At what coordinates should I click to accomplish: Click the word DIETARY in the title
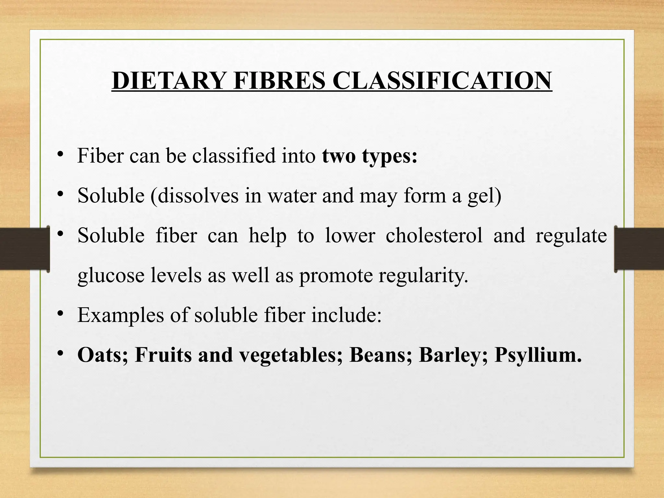pos(168,80)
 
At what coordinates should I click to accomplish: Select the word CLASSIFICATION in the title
pos(442,80)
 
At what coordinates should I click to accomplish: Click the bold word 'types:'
pos(389,156)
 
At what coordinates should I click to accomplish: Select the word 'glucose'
pos(111,276)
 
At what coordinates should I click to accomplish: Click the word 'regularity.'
pos(423,276)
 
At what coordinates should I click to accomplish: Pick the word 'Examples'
pos(121,315)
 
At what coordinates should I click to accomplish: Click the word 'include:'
pos(346,315)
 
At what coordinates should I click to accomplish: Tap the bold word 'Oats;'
pos(103,355)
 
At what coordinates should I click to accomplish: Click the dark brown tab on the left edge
pos(24,249)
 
